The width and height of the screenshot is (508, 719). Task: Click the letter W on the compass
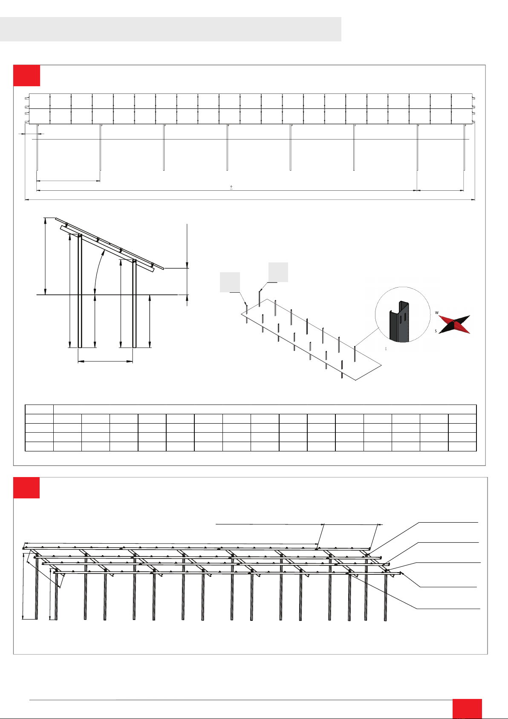(x=437, y=313)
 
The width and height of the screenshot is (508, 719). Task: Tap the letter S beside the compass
(x=436, y=331)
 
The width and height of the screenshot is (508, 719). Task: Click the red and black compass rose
(x=455, y=324)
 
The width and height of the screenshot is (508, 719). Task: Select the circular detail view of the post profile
(x=403, y=314)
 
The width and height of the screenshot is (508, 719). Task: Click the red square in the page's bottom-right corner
(x=467, y=708)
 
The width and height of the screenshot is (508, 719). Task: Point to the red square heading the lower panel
(x=26, y=488)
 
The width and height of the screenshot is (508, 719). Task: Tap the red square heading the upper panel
(x=26, y=76)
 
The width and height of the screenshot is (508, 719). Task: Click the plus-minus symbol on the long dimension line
(x=231, y=187)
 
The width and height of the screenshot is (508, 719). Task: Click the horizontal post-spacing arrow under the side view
(x=105, y=362)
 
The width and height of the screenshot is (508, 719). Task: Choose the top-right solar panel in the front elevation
(x=462, y=101)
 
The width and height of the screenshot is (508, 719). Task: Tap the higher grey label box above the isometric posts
(x=278, y=272)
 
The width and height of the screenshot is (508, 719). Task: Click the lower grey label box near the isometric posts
(x=230, y=282)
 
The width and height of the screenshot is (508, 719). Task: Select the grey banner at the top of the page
(x=170, y=29)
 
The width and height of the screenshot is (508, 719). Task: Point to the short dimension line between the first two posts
(x=68, y=181)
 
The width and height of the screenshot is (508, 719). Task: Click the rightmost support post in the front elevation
(x=464, y=147)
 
